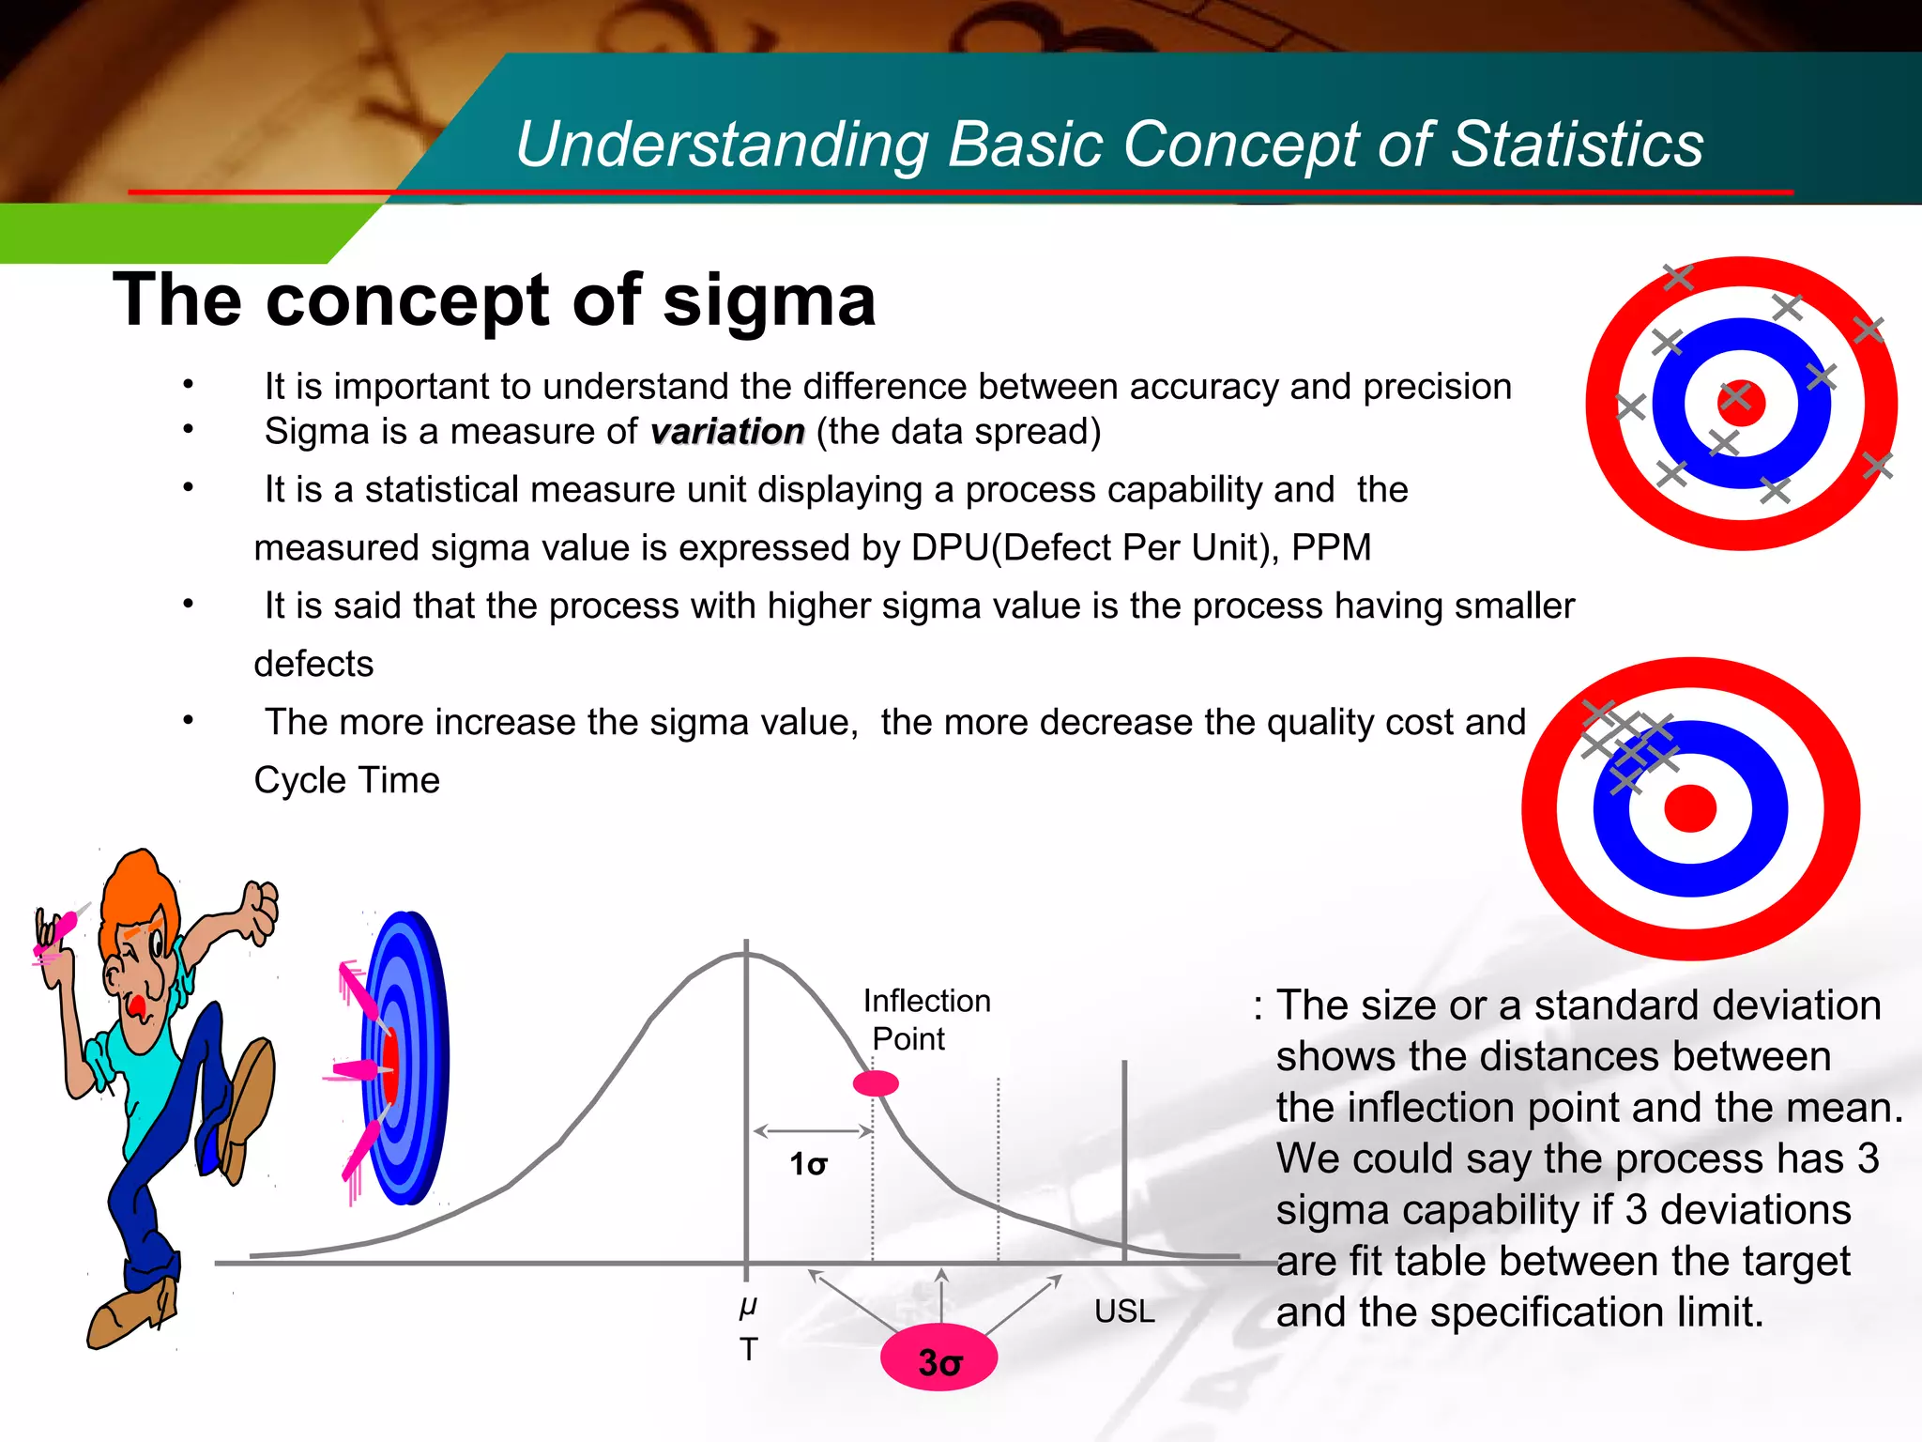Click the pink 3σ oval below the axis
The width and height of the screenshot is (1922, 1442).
tap(938, 1358)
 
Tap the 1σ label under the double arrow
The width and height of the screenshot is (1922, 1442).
tap(808, 1165)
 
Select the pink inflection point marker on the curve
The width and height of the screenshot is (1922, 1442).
tap(876, 1083)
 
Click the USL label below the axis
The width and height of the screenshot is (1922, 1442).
tap(1124, 1311)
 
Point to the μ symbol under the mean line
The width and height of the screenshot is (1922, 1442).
tap(748, 1305)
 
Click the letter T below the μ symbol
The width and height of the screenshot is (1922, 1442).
tap(748, 1349)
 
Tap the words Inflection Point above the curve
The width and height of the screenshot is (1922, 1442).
tap(925, 1020)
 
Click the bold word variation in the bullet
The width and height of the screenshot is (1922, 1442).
tap(727, 432)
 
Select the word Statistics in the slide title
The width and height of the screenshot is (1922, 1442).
tap(1577, 145)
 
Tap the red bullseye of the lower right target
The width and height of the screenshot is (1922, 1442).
tap(1690, 809)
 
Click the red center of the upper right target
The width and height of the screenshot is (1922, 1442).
tap(1742, 403)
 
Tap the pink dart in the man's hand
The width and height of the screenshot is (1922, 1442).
tap(62, 930)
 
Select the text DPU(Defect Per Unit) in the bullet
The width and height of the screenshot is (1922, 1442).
tap(1094, 548)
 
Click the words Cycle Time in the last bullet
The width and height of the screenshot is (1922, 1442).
tap(346, 781)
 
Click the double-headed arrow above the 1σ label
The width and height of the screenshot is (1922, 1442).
tap(814, 1131)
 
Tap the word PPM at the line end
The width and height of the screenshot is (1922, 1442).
tap(1331, 548)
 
